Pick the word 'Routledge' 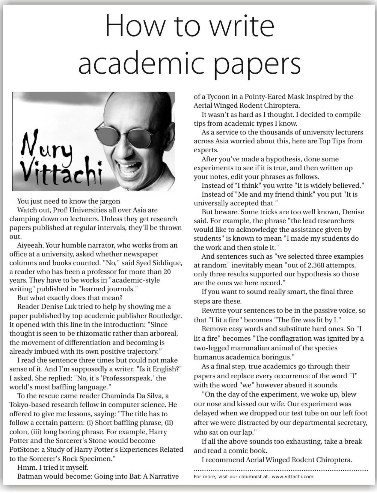[165, 316]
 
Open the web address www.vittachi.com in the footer [292, 477]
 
